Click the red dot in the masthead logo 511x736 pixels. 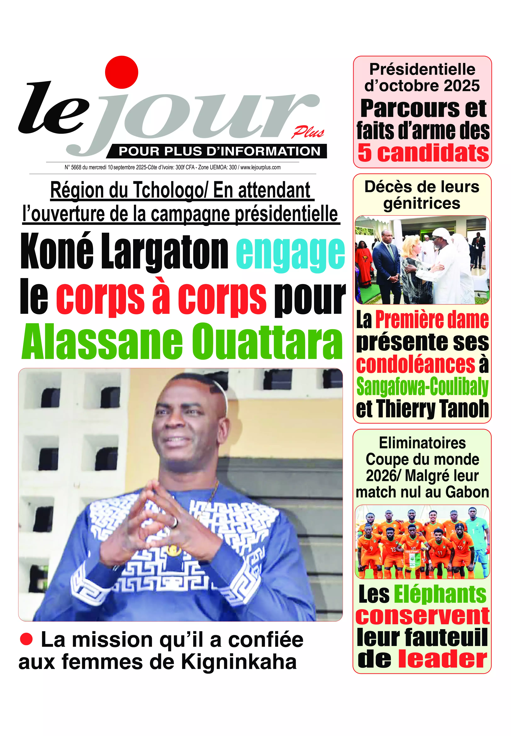coord(122,72)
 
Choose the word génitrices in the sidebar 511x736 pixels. coord(422,203)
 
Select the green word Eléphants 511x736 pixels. coord(440,594)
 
